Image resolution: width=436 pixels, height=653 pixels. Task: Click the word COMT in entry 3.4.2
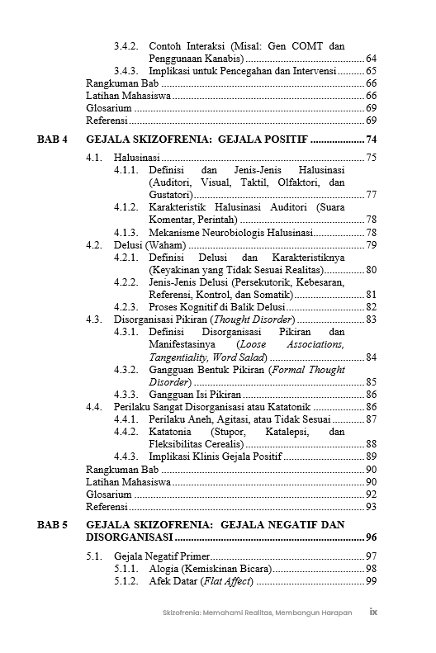tap(309, 46)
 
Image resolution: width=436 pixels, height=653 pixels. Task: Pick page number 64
tap(371, 59)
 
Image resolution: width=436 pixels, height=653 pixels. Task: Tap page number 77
tap(371, 194)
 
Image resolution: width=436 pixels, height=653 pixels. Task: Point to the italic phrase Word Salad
tap(239, 357)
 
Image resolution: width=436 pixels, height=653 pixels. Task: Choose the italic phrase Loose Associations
tap(290, 344)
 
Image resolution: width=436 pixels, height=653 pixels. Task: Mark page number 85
tap(371, 382)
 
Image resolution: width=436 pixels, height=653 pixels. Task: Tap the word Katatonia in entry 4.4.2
tap(170, 432)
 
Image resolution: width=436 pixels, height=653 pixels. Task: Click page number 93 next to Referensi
tap(371, 506)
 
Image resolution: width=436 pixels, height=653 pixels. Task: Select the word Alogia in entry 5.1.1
tap(165, 569)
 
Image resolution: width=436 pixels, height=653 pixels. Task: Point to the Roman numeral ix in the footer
tap(373, 612)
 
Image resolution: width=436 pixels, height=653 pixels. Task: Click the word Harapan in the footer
tap(332, 613)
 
